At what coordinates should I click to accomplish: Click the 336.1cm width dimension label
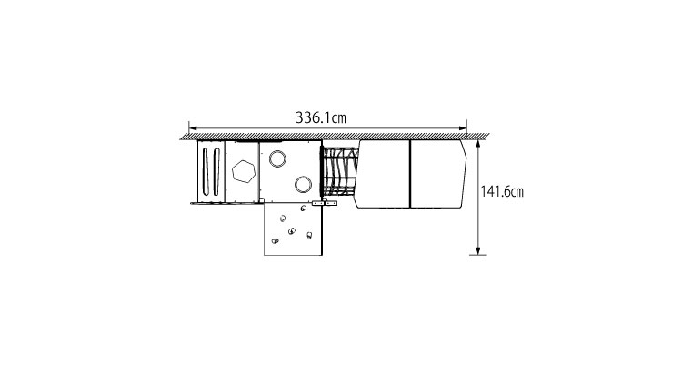pyautogui.click(x=321, y=117)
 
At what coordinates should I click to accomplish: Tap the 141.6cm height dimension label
pyautogui.click(x=502, y=191)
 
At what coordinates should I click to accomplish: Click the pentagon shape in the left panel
pyautogui.click(x=243, y=171)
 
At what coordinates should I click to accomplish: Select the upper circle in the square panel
pyautogui.click(x=277, y=158)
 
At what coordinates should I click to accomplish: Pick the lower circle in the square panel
pyautogui.click(x=303, y=185)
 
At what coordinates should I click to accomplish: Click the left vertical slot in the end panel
pyautogui.click(x=206, y=171)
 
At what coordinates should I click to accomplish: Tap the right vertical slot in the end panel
pyautogui.click(x=216, y=171)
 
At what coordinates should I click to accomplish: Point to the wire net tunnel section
pyautogui.click(x=339, y=172)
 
